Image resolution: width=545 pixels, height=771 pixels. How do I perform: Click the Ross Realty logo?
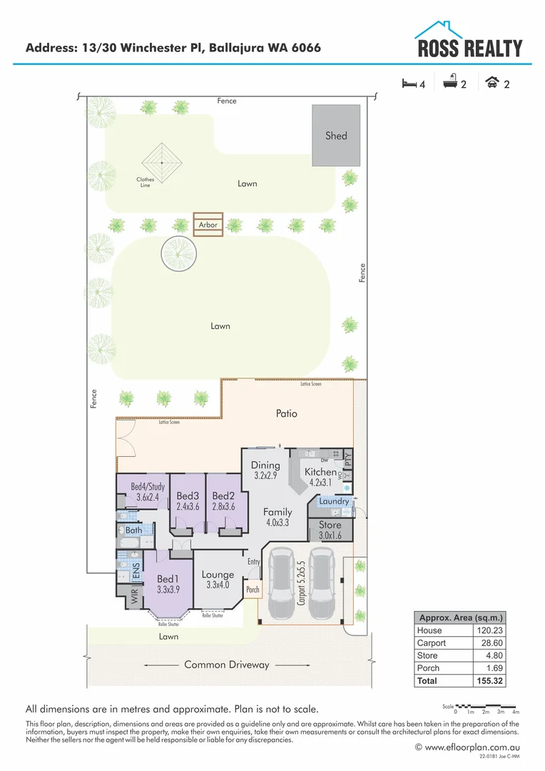(x=469, y=41)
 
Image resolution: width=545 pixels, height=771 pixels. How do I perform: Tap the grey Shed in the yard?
(x=336, y=135)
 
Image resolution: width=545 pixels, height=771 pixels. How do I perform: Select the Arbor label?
(x=208, y=225)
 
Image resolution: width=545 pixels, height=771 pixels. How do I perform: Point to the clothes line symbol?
(x=161, y=162)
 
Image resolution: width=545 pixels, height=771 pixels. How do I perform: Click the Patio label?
(x=286, y=413)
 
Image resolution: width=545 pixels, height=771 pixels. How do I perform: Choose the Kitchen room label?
(x=320, y=472)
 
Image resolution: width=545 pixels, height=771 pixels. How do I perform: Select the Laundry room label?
(x=334, y=501)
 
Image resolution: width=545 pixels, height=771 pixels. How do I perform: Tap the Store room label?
(x=330, y=525)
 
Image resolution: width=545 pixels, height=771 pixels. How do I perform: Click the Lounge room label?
(x=218, y=574)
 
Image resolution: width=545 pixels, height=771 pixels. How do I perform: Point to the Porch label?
(x=253, y=590)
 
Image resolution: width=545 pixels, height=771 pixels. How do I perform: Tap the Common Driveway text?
(x=227, y=665)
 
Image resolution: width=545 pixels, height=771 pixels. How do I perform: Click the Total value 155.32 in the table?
(x=489, y=681)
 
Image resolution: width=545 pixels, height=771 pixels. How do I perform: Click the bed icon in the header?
(x=409, y=84)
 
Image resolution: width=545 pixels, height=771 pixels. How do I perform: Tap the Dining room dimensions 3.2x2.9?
(x=265, y=475)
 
